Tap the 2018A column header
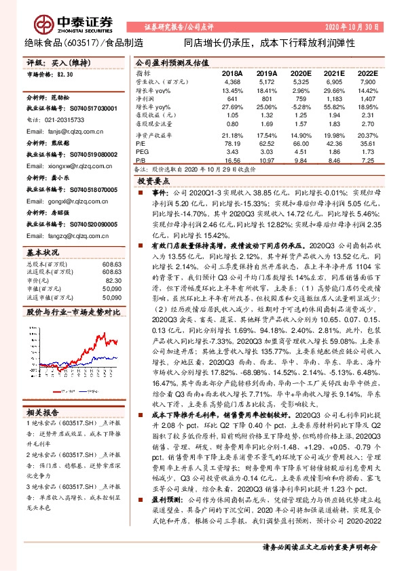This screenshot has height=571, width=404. [x=232, y=73]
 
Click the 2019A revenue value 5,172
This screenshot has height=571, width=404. [x=267, y=81]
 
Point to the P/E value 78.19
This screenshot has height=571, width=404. [x=232, y=142]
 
